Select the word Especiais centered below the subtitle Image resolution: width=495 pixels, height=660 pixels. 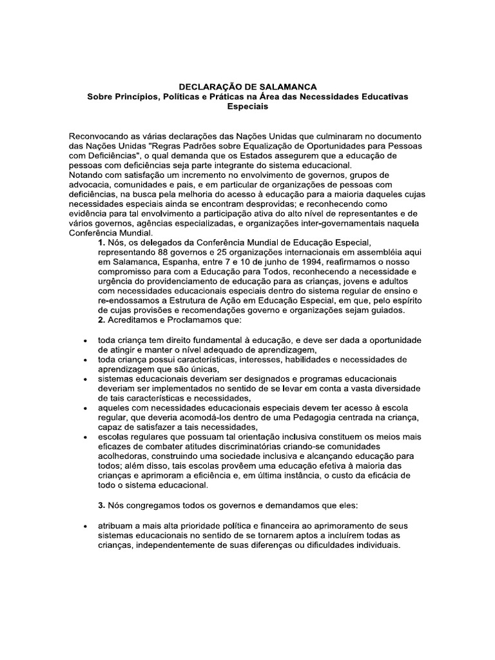click(247, 106)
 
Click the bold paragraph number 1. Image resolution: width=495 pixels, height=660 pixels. click(101, 242)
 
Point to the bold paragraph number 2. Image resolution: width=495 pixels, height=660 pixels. click(101, 320)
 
